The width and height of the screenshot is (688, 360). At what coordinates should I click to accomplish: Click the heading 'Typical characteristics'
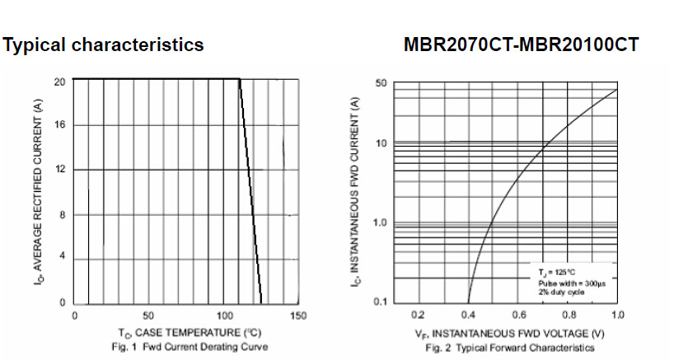tap(104, 45)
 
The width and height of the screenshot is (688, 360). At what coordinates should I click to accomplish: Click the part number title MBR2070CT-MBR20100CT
tap(522, 45)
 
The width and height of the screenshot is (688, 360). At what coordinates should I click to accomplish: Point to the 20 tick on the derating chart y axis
tap(59, 82)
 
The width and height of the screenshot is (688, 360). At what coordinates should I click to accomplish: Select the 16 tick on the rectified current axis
tap(59, 125)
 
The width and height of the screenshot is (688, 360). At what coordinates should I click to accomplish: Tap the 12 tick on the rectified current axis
tap(59, 170)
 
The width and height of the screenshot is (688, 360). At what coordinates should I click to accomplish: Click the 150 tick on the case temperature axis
tap(298, 316)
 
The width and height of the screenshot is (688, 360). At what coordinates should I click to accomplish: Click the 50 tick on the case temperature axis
tap(148, 316)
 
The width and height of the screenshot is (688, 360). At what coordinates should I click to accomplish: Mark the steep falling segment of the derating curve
tap(251, 194)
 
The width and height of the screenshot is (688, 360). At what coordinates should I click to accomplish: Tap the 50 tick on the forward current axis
tap(380, 83)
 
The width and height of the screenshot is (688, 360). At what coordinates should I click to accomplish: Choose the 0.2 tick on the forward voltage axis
tap(418, 316)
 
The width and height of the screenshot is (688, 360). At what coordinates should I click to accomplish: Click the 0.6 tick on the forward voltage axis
tap(518, 316)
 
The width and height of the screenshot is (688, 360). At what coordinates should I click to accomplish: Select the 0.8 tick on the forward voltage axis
tap(569, 316)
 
